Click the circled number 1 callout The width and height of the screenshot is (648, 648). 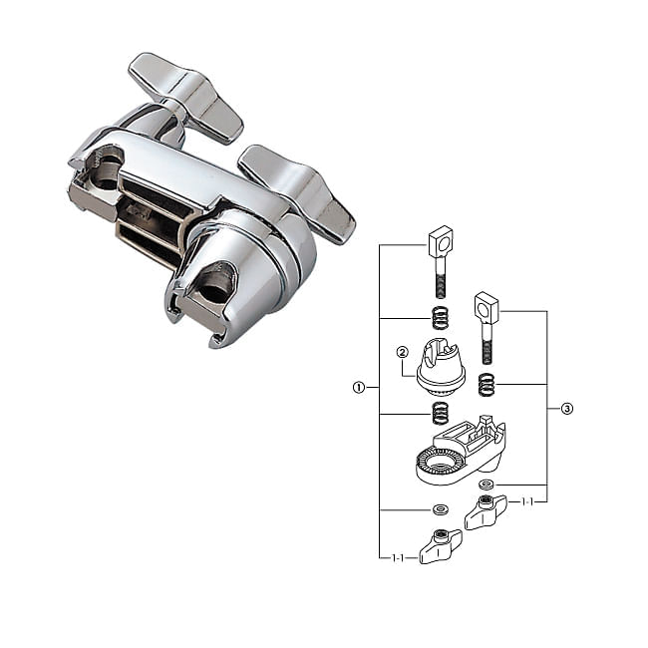[x=358, y=387]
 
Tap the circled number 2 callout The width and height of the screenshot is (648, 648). [x=402, y=352]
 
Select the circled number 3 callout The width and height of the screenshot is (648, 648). [x=567, y=409]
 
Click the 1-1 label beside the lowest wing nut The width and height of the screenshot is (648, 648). [x=398, y=558]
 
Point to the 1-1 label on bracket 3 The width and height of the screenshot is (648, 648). [x=527, y=502]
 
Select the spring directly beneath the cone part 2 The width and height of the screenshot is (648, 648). [x=440, y=414]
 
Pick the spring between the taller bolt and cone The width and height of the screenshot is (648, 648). [x=441, y=318]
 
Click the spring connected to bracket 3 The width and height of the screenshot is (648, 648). [x=486, y=385]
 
